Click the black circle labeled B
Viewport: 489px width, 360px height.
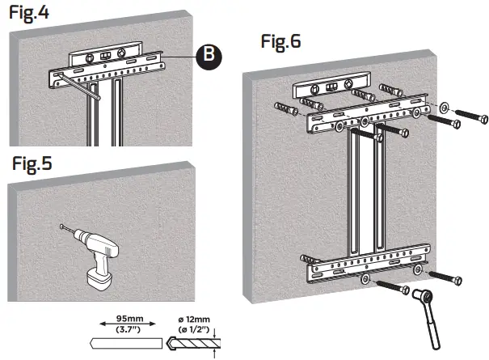coord(208,56)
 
